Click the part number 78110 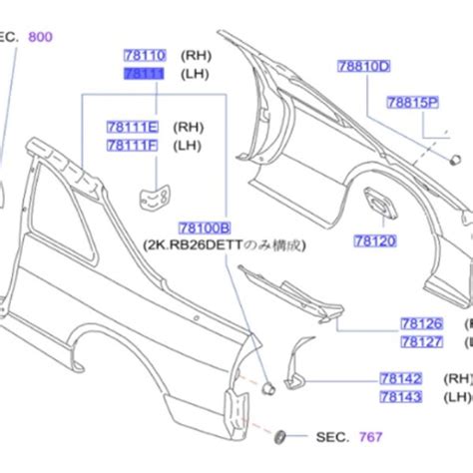click(x=144, y=56)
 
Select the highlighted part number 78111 click(x=144, y=75)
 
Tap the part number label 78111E click(x=133, y=127)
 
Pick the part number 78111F click(x=133, y=146)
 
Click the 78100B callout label click(x=205, y=229)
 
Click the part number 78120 click(x=374, y=240)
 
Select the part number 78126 click(x=422, y=323)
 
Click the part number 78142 click(x=400, y=379)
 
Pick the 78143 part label click(x=400, y=397)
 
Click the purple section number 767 click(x=371, y=437)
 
